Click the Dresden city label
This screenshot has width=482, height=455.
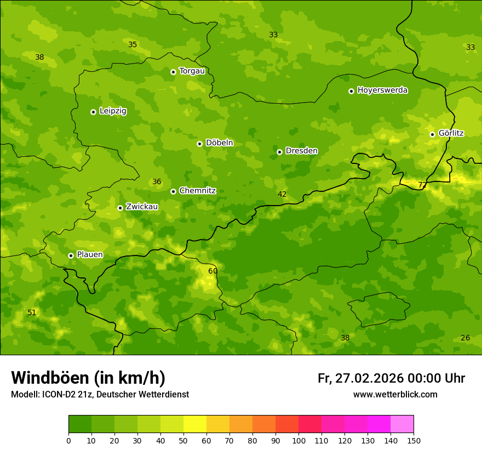(x=301, y=151)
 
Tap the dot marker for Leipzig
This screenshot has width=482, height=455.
(x=93, y=112)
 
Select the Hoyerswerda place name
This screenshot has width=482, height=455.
(x=382, y=90)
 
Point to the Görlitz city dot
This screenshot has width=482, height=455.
(x=432, y=134)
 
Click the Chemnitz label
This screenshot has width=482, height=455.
(x=197, y=191)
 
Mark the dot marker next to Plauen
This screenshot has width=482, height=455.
(x=71, y=255)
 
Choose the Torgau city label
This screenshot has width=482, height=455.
(x=192, y=71)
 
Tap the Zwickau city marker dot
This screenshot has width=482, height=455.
(x=120, y=208)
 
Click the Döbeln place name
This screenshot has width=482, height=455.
(x=219, y=143)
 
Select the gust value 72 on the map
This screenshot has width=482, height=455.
(x=422, y=185)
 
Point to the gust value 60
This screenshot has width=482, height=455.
(x=213, y=271)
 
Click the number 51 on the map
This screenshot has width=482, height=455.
(x=32, y=312)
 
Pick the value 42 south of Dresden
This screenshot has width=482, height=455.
(x=282, y=194)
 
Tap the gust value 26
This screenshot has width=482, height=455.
(x=465, y=338)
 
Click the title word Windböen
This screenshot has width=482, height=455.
(x=50, y=378)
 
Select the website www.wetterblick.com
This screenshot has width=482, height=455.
(x=395, y=394)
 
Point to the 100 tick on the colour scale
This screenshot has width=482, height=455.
(x=299, y=440)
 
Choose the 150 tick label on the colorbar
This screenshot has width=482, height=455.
(x=413, y=440)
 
